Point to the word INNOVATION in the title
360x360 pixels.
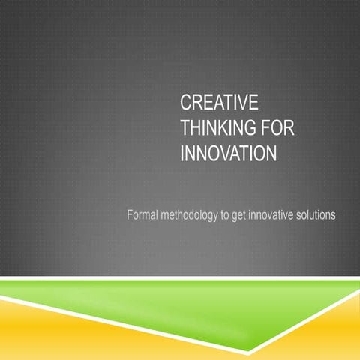tap(229, 154)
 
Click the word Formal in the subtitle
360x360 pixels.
tap(145, 215)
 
